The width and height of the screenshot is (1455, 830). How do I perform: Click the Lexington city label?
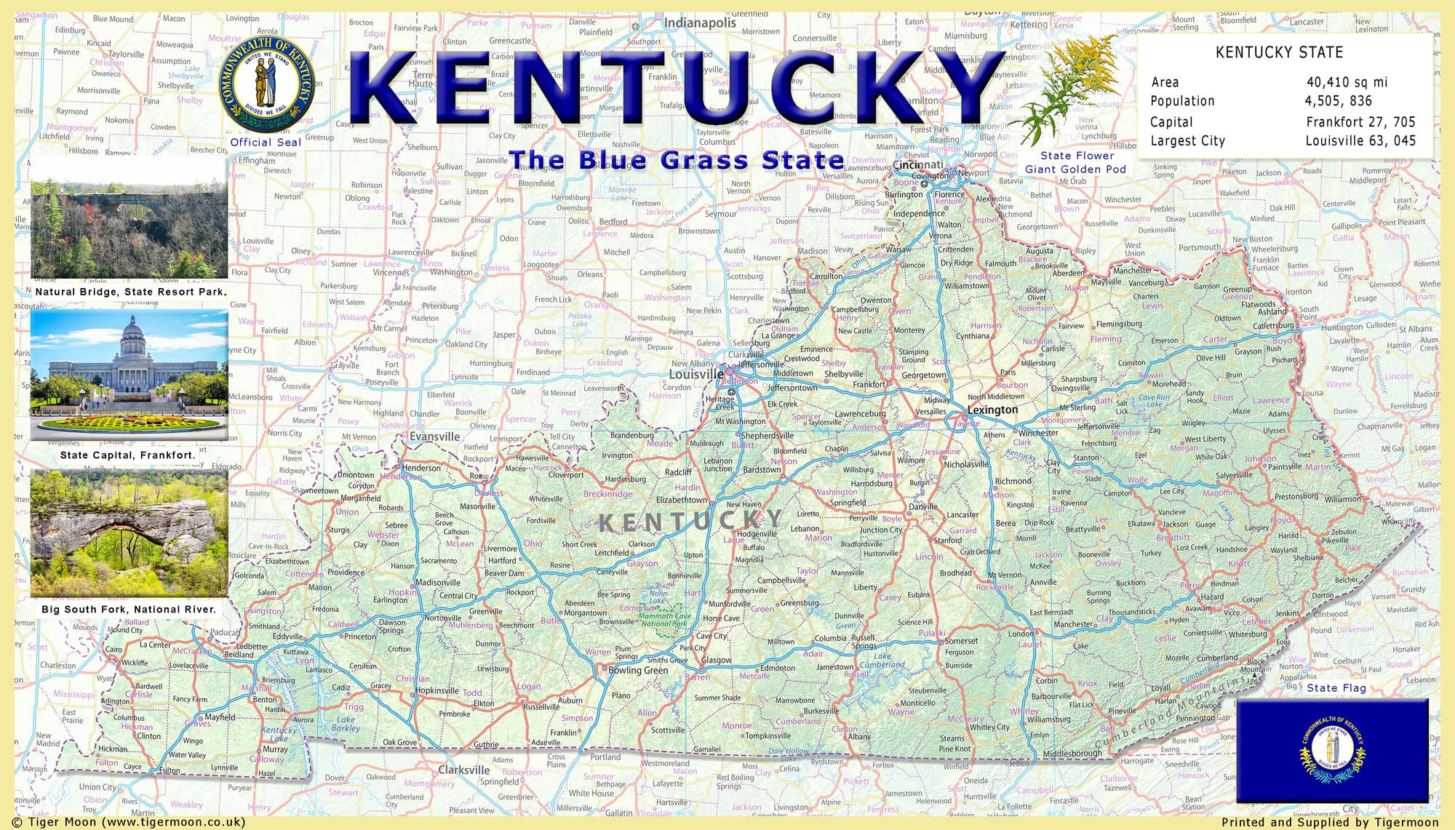pos(992,410)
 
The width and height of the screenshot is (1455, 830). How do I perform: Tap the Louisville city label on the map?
pos(695,374)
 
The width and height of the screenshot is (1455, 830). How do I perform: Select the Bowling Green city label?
pos(637,670)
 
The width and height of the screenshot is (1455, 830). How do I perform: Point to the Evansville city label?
pos(434,436)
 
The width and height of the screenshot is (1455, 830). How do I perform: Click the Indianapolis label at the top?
pos(699,23)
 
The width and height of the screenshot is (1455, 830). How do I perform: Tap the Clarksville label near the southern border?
pos(463,770)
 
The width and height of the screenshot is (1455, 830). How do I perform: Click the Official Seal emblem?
pos(266,84)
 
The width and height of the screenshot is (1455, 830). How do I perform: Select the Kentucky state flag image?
pos(1332,749)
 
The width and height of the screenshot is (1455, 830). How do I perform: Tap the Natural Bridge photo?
pos(129,218)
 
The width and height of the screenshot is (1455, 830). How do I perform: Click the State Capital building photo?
pos(129,371)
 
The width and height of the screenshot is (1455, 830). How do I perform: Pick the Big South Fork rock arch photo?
pos(129,533)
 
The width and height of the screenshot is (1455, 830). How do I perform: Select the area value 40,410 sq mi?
pos(1347,82)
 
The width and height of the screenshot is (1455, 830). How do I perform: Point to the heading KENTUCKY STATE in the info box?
pos(1279,52)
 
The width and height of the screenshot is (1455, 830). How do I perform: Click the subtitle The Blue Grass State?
pos(677,159)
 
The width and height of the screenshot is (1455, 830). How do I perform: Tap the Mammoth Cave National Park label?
pos(664,620)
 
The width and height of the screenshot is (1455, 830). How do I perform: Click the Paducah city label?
pos(224,632)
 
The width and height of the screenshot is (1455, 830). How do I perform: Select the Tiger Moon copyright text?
pos(129,822)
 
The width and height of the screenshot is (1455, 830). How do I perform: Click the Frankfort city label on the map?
pos(869,384)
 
